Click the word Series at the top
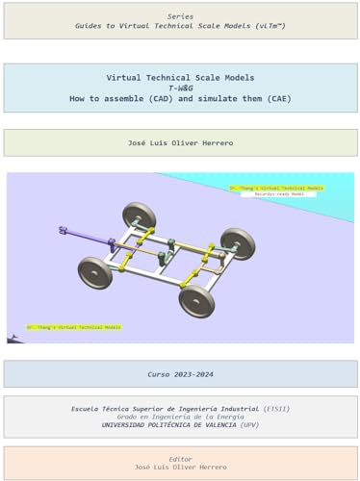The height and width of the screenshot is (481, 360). [x=180, y=16]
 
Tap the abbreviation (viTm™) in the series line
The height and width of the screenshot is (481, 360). [x=267, y=26]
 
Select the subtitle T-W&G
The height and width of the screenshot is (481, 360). [x=180, y=88]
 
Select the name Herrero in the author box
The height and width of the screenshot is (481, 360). [x=215, y=143]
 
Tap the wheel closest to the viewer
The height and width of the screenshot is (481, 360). [x=195, y=300]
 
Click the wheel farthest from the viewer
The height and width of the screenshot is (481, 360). [x=140, y=215]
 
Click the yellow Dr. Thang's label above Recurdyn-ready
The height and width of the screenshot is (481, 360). [x=276, y=188]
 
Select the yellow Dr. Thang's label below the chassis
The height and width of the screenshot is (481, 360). [x=73, y=327]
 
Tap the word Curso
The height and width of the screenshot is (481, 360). [x=159, y=374]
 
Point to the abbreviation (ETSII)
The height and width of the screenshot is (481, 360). [x=275, y=409]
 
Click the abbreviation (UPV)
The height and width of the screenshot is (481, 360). [x=249, y=424]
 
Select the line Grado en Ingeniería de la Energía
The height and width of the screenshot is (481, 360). [x=180, y=417]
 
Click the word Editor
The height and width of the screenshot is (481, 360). [x=180, y=459]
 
